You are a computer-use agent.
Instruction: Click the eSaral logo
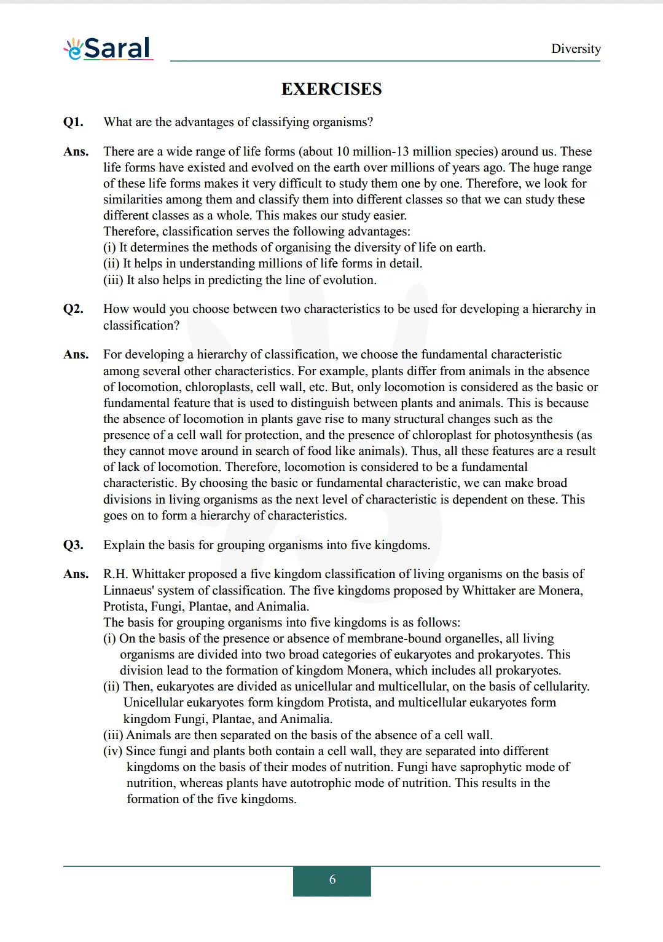tap(108, 49)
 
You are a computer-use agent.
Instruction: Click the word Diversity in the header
tap(575, 49)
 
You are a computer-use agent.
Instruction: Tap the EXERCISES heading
tap(331, 89)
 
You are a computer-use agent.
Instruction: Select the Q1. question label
tap(73, 122)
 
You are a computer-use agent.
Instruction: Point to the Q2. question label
tap(73, 309)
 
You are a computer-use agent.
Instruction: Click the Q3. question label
tap(73, 545)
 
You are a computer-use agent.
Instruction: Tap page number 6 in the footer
tap(332, 880)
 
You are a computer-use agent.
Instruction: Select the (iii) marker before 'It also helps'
tap(113, 280)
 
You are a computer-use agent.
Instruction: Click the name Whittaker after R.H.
tap(162, 574)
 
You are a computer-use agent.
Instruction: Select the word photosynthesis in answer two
tap(533, 435)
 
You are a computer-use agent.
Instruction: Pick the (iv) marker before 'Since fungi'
tap(113, 751)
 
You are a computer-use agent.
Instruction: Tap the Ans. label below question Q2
tap(76, 354)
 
